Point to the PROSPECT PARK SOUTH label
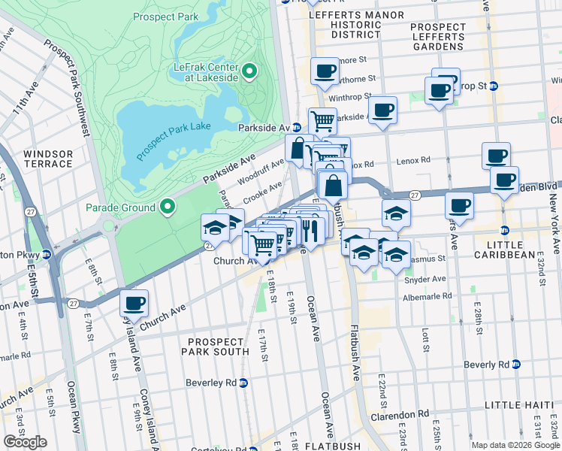tap(218, 347)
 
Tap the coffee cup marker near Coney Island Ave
tap(134, 303)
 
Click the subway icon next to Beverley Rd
tap(243, 383)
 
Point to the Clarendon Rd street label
tap(399, 414)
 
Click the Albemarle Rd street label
tap(427, 296)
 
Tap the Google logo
tap(25, 442)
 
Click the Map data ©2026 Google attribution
tap(515, 445)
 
